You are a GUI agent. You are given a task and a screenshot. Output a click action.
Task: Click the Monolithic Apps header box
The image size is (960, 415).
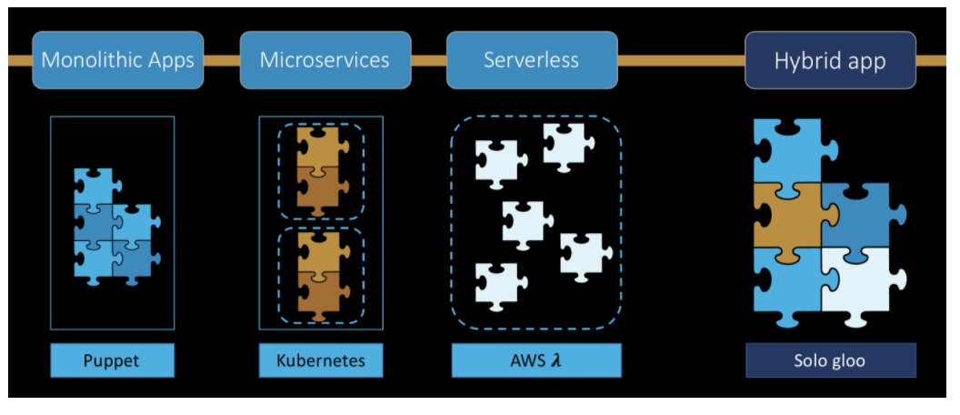tap(117, 61)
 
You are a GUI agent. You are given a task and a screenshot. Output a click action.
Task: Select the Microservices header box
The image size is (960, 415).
tap(325, 61)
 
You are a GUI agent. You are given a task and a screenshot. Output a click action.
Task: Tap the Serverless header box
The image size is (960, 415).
tap(532, 61)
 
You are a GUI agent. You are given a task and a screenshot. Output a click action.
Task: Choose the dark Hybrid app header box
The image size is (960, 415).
tap(830, 61)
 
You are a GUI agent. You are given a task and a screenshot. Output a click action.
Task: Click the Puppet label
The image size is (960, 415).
tap(112, 360)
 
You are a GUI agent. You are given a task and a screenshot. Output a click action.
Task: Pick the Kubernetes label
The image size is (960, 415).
tap(320, 360)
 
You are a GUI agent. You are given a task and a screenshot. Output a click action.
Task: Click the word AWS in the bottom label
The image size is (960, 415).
tap(526, 360)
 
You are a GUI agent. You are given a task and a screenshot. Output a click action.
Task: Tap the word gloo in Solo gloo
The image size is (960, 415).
tap(849, 360)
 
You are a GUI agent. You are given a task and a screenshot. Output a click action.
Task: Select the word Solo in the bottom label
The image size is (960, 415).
tap(810, 360)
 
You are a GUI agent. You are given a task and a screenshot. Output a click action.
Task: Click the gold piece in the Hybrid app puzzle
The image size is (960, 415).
tap(787, 216)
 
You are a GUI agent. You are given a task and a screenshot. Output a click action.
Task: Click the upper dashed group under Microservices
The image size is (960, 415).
tap(320, 170)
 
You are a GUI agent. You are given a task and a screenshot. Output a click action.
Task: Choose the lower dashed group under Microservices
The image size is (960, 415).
tap(320, 274)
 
